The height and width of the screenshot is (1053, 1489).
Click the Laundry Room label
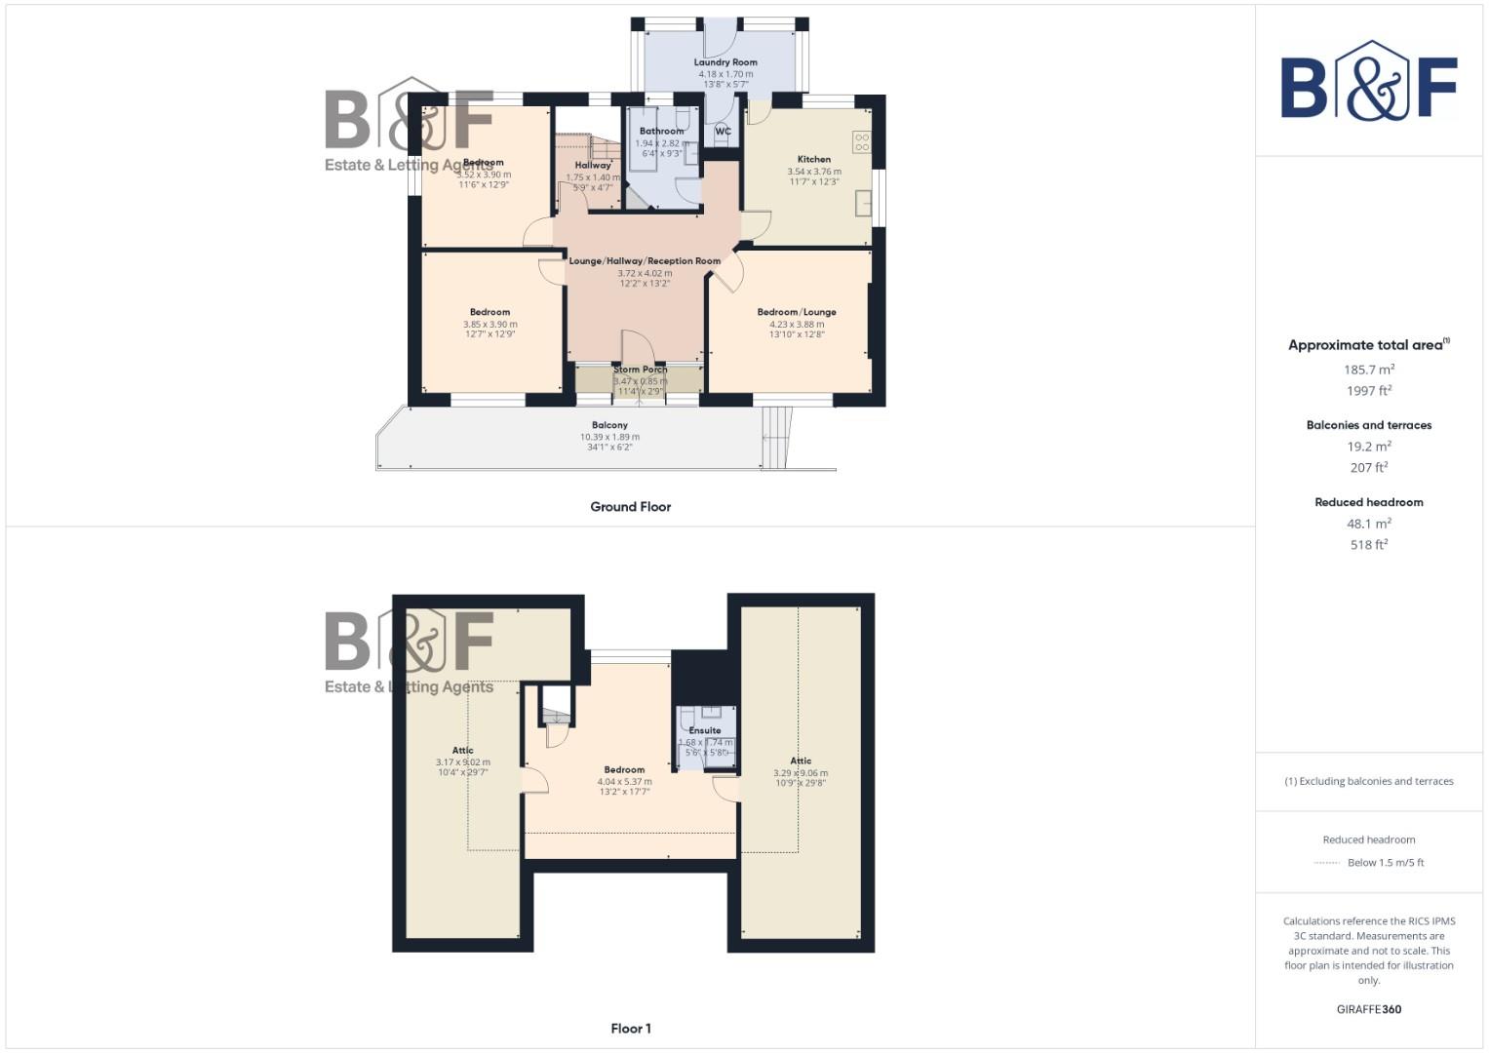click(725, 62)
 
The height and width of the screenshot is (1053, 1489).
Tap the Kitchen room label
click(814, 159)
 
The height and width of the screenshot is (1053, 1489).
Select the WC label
click(723, 132)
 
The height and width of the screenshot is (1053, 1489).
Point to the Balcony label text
click(609, 425)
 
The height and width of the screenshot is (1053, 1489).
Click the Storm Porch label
click(641, 370)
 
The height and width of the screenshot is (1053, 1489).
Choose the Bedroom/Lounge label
click(797, 312)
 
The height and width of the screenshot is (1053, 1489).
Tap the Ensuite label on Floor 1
click(705, 730)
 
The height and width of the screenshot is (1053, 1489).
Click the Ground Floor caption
click(630, 507)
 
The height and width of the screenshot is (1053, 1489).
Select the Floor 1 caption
click(630, 1029)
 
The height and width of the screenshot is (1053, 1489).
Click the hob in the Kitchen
click(861, 142)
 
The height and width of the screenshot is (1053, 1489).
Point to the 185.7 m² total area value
click(1369, 370)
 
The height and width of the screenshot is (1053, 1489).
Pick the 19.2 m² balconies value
click(1369, 447)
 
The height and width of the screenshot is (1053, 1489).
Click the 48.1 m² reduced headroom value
click(1369, 524)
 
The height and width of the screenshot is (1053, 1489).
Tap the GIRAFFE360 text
click(1369, 1009)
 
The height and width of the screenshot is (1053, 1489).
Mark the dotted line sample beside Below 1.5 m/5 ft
click(1327, 863)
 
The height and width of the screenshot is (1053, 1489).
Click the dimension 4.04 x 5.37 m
click(624, 781)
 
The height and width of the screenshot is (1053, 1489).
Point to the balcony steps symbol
click(776, 436)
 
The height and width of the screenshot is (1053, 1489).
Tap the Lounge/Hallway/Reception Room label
click(645, 261)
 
